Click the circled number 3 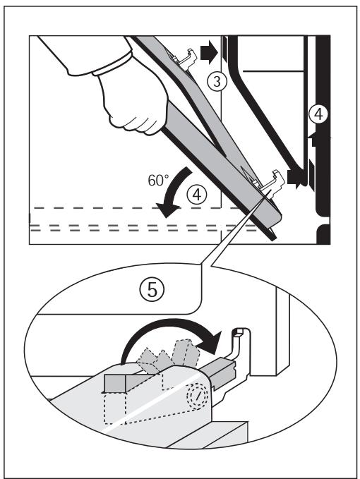218,81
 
